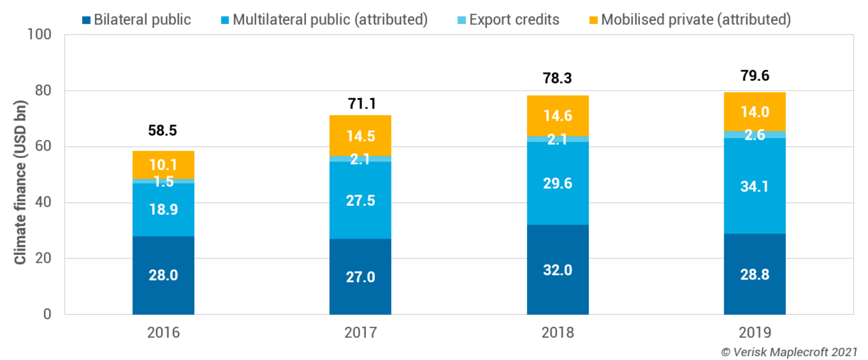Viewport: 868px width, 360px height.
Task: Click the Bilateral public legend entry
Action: tap(137, 20)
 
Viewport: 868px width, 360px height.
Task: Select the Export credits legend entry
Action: tap(508, 20)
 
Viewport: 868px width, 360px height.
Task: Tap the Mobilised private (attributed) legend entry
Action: tap(690, 20)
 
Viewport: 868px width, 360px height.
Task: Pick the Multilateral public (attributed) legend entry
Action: tap(325, 20)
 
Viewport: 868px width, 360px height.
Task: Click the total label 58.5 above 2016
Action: tap(162, 130)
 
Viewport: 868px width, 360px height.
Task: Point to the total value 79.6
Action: tap(755, 76)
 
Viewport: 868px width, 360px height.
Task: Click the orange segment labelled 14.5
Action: tap(360, 136)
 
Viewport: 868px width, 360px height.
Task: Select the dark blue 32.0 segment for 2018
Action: tap(557, 270)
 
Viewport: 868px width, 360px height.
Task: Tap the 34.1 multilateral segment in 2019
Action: tap(755, 186)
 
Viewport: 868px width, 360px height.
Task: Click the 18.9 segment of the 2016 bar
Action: tap(163, 210)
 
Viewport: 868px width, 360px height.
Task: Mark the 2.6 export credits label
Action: tap(755, 135)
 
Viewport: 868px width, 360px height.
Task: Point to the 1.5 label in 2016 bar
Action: tap(164, 181)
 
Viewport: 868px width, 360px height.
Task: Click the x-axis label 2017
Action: tap(360, 332)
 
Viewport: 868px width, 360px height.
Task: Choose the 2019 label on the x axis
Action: tap(755, 332)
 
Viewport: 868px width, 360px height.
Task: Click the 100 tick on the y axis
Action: tap(39, 34)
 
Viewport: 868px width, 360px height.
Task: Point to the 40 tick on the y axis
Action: tap(42, 202)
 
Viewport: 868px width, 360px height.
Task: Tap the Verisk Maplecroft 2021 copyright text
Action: tap(789, 352)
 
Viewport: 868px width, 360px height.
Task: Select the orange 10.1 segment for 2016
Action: tap(163, 164)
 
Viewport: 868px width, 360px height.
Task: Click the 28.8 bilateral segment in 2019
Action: tap(755, 275)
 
